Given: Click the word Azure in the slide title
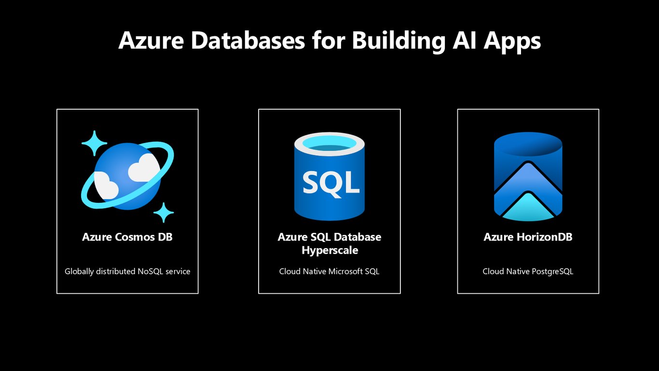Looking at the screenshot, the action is (x=151, y=41).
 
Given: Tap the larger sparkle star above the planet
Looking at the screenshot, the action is (x=94, y=143).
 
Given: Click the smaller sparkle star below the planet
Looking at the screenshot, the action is (x=164, y=213).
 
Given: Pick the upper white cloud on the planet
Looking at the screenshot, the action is (x=143, y=167).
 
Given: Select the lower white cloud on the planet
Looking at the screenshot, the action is (x=106, y=185).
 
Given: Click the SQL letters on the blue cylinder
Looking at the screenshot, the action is (x=331, y=183).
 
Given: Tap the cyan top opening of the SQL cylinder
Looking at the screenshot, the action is (x=329, y=143).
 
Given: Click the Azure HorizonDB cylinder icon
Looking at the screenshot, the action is (x=528, y=176).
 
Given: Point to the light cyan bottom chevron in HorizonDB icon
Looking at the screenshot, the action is (x=528, y=207).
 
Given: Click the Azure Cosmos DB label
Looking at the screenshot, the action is (x=127, y=237).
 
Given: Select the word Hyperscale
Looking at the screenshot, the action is (x=330, y=251).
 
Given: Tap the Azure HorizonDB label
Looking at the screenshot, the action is (x=528, y=237).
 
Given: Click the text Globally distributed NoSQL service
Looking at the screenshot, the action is (x=127, y=271).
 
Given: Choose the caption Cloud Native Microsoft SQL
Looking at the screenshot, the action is (x=329, y=271).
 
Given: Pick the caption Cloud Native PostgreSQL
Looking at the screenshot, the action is (x=528, y=271).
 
